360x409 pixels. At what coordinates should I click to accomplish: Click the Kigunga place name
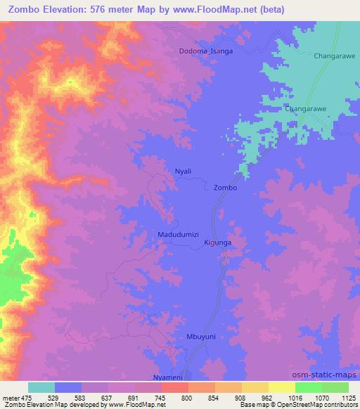click(217, 242)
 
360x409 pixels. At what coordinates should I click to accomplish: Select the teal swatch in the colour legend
click(41, 387)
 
